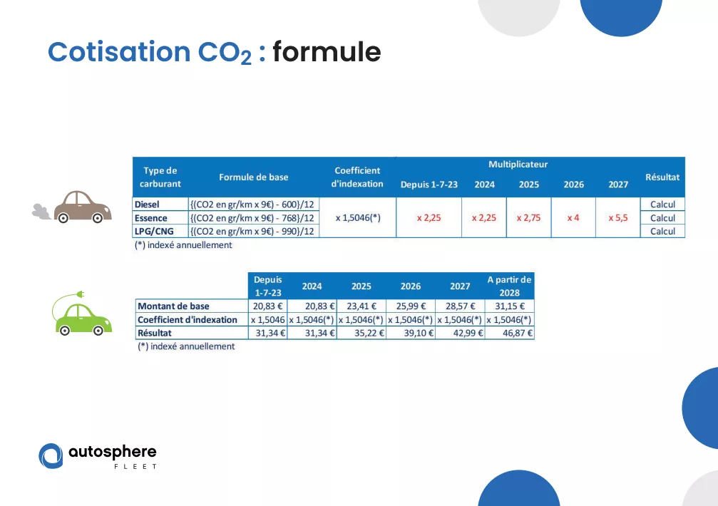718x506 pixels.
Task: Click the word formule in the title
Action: pos(327,51)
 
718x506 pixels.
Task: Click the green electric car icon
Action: pos(81,314)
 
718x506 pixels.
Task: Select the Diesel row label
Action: pos(147,205)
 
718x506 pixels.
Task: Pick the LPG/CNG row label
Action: pos(154,232)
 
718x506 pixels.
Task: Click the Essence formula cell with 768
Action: pos(252,218)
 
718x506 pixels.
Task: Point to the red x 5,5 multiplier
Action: pos(618,218)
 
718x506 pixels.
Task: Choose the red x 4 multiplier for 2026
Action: pos(573,218)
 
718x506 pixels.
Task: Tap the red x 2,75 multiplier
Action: pos(529,218)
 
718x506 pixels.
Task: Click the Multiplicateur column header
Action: pos(518,164)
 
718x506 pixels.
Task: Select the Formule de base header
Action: pos(254,177)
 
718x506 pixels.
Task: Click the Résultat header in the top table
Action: pos(662,177)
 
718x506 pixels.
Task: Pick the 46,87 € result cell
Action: pos(518,333)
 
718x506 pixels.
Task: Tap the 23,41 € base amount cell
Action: pos(361,306)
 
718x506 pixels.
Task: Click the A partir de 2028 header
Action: pos(509,286)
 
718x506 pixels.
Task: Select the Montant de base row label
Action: pos(173,306)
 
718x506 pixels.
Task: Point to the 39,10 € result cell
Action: pos(419,333)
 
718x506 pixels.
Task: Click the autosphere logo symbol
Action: pos(51,455)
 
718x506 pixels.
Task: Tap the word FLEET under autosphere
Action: pos(135,467)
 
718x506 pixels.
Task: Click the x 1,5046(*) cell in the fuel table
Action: pos(358,218)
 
